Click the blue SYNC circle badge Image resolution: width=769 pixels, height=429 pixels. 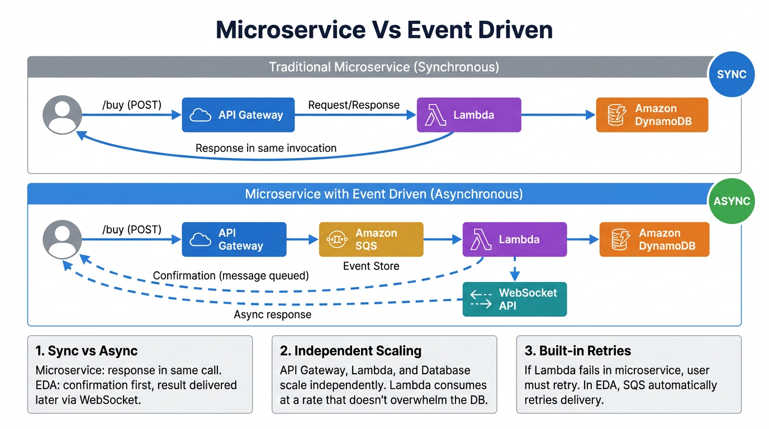pyautogui.click(x=731, y=75)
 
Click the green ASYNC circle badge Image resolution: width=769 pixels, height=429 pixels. pyautogui.click(x=731, y=201)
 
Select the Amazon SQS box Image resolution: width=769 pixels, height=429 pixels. pyautogui.click(x=371, y=240)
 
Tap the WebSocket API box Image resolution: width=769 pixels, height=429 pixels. pyautogui.click(x=515, y=299)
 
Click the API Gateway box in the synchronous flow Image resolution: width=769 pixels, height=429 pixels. pyautogui.click(x=238, y=115)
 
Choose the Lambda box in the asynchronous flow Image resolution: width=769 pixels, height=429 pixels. pyautogui.click(x=514, y=240)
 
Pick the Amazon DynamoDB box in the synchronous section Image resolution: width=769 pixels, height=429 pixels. pyautogui.click(x=652, y=115)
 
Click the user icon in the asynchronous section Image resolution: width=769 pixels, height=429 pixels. pyautogui.click(x=62, y=240)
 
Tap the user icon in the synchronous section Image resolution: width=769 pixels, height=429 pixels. pyautogui.click(x=62, y=115)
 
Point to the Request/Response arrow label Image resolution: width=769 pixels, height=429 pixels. pyautogui.click(x=354, y=105)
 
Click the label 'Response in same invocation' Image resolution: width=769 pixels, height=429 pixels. pyautogui.click(x=266, y=149)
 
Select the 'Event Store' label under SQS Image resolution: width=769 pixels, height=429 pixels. pyautogui.click(x=371, y=266)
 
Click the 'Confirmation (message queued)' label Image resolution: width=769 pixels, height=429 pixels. pyautogui.click(x=231, y=276)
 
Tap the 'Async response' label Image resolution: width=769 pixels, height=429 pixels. pyautogui.click(x=272, y=314)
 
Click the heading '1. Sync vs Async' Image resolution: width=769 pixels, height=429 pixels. pyautogui.click(x=86, y=351)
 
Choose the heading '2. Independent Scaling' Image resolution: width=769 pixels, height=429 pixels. pyautogui.click(x=350, y=351)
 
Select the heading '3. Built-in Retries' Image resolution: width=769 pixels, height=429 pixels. pyautogui.click(x=577, y=351)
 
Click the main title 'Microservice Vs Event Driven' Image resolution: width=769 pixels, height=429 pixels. pyautogui.click(x=384, y=30)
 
